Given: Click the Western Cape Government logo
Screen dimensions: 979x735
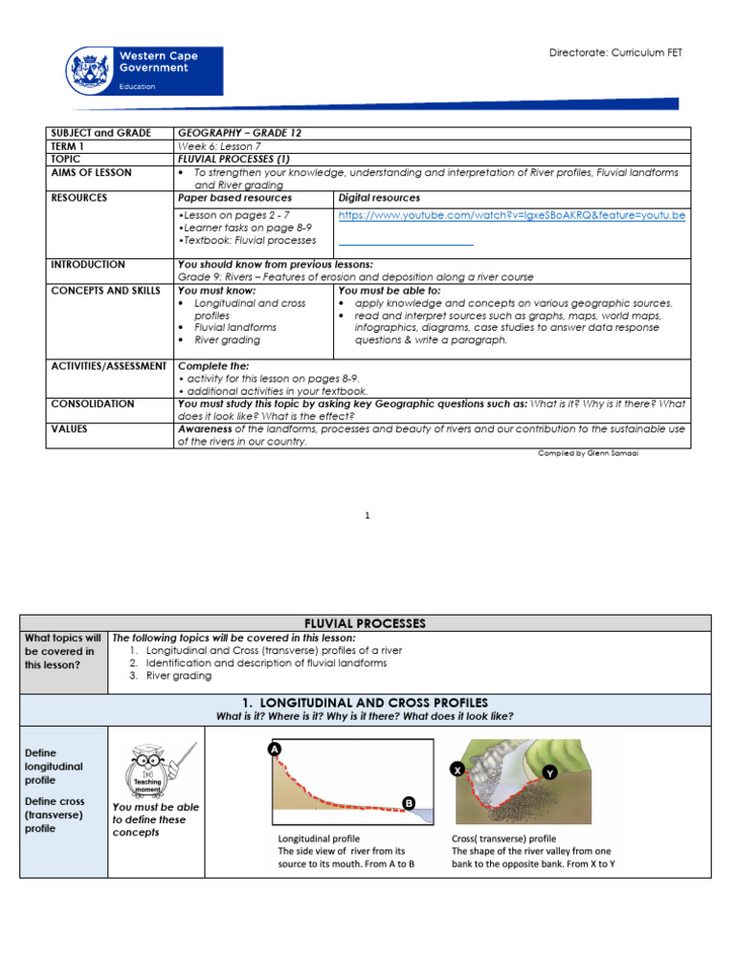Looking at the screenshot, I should point(145,71).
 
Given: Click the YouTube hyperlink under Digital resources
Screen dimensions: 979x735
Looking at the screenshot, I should point(512,215).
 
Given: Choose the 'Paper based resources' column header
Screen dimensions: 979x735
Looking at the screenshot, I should point(228,198).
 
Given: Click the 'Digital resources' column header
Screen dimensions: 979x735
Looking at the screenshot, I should point(379,198).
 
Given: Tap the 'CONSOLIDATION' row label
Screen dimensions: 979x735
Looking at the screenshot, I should point(93,403).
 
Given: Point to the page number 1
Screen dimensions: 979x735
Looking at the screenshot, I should point(367,516).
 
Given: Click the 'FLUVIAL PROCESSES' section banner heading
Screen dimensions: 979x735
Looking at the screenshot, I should point(364,623).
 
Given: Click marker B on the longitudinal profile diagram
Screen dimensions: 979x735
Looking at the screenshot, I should point(409,804).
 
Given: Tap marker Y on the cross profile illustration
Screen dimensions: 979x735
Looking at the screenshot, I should point(549,772).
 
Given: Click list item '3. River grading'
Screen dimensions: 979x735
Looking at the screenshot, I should point(171,676).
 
